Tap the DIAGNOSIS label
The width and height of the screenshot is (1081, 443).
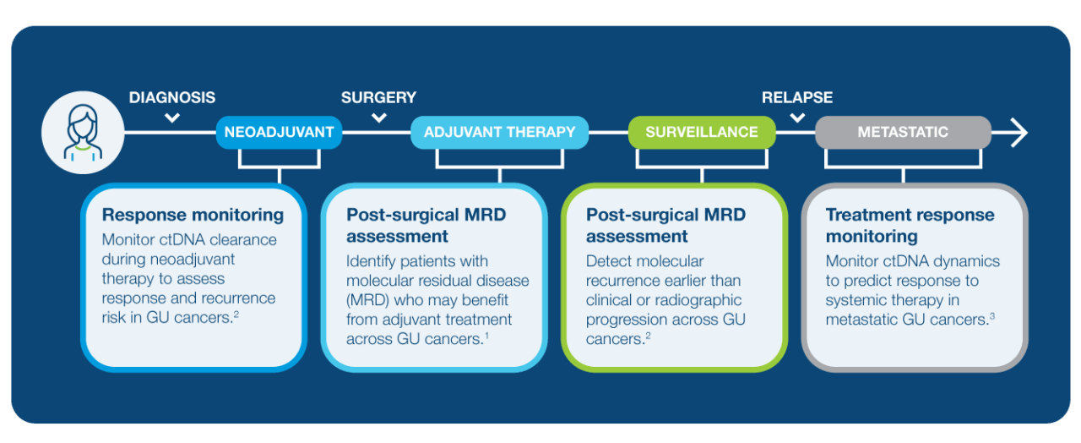[172, 97]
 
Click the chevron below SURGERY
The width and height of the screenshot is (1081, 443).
[378, 118]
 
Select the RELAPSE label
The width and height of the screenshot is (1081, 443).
[797, 97]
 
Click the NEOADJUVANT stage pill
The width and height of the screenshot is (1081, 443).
[280, 132]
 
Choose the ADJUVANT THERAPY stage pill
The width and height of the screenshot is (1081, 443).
[499, 132]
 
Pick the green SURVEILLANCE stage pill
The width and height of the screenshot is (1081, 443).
[702, 132]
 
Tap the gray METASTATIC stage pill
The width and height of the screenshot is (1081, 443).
[903, 132]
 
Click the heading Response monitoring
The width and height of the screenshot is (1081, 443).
[193, 215]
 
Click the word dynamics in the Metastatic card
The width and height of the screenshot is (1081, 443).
[961, 261]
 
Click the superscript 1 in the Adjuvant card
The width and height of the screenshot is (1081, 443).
[486, 336]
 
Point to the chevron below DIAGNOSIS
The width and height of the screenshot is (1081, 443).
[172, 118]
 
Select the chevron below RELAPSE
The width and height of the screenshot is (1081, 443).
[797, 118]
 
